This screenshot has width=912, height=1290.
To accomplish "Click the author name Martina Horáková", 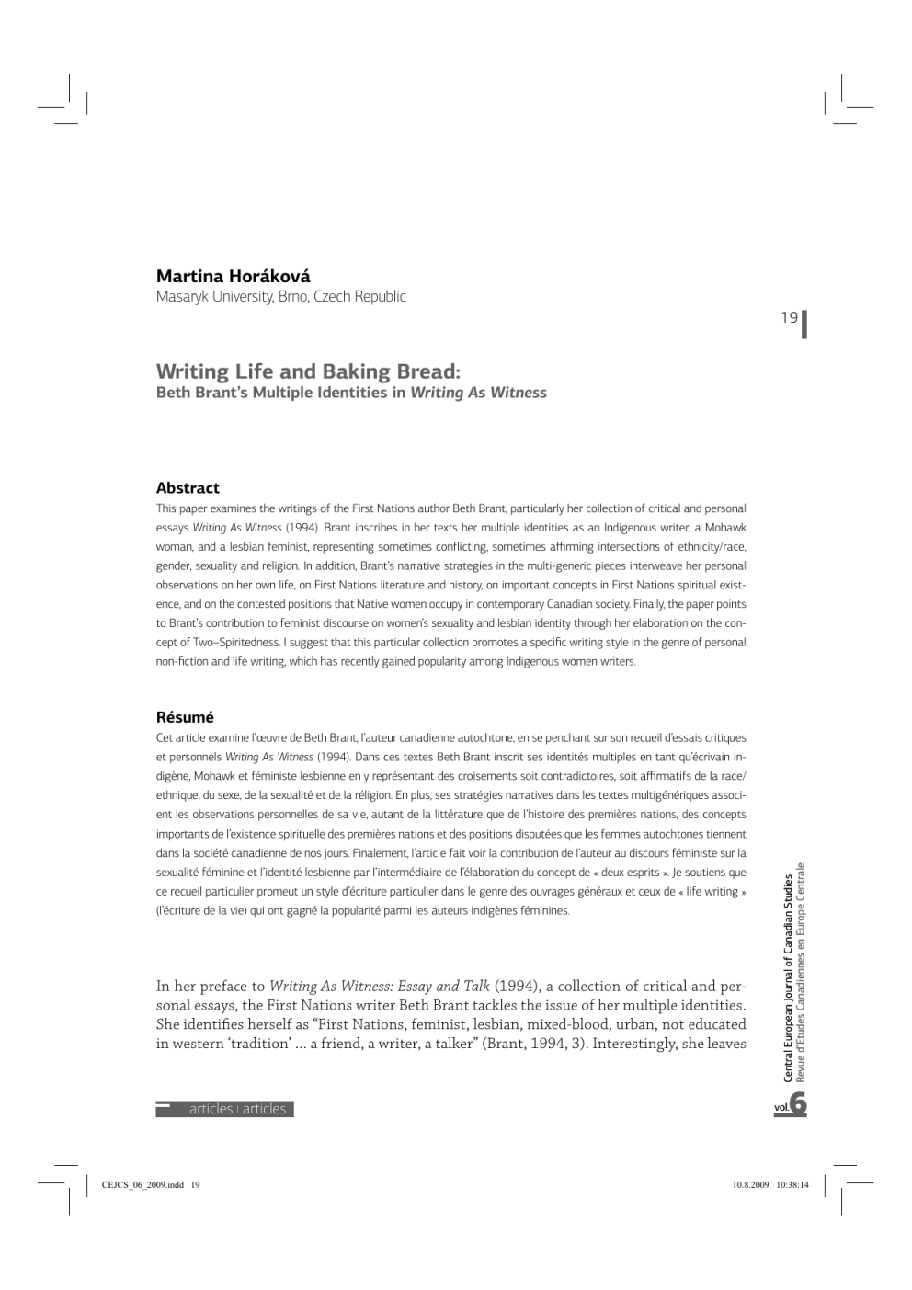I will click(x=233, y=276).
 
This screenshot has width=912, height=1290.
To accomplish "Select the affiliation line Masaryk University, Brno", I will click(x=280, y=296).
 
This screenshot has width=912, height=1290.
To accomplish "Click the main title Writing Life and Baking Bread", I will click(x=307, y=371).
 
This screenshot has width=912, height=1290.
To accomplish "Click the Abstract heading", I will click(x=188, y=487).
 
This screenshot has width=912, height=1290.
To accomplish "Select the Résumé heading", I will click(x=185, y=717).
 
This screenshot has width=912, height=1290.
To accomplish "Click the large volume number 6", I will click(x=798, y=1103).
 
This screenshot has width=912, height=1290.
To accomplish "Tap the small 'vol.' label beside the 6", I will click(x=781, y=1108).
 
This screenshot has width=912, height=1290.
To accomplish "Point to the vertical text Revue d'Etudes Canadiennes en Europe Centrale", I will click(x=801, y=971).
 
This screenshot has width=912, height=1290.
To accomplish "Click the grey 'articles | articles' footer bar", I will click(x=225, y=1109).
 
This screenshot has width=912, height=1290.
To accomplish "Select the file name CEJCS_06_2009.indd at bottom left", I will click(x=143, y=1184).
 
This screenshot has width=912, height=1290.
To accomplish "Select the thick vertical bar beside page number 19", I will click(x=804, y=324).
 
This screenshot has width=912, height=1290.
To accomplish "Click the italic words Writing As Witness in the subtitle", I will click(x=478, y=393).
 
